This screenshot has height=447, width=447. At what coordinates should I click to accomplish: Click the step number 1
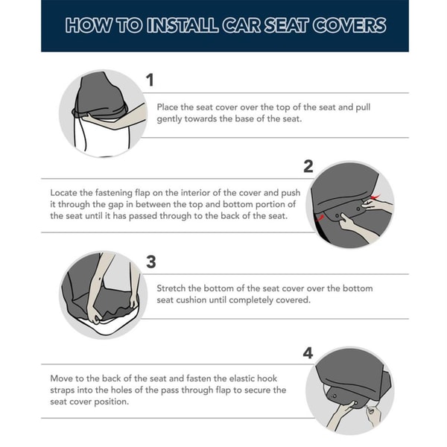tap(150, 80)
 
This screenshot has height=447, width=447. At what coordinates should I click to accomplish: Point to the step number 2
tap(308, 166)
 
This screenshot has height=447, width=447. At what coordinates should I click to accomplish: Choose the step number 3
tap(150, 261)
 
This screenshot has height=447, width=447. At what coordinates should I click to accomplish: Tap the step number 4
tap(308, 353)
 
